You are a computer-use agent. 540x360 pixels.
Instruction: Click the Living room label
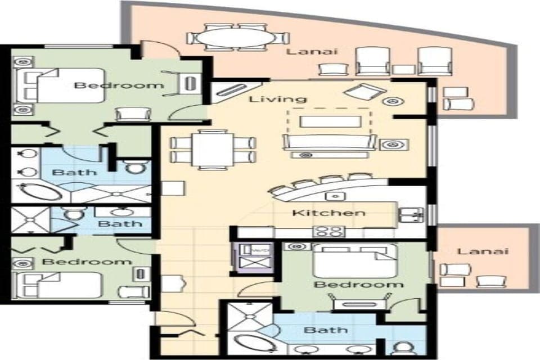click(x=278, y=100)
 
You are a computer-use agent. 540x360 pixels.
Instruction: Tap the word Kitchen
click(x=328, y=213)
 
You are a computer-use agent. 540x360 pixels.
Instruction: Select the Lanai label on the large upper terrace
click(x=304, y=52)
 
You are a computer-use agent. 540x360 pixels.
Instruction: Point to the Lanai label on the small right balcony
click(x=483, y=251)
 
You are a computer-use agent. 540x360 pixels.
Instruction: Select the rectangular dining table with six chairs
click(x=212, y=148)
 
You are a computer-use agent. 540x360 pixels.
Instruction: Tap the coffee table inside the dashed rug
click(x=330, y=121)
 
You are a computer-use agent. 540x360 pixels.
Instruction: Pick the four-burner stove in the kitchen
click(x=329, y=231)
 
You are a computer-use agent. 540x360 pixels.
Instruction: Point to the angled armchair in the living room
click(x=364, y=92)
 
